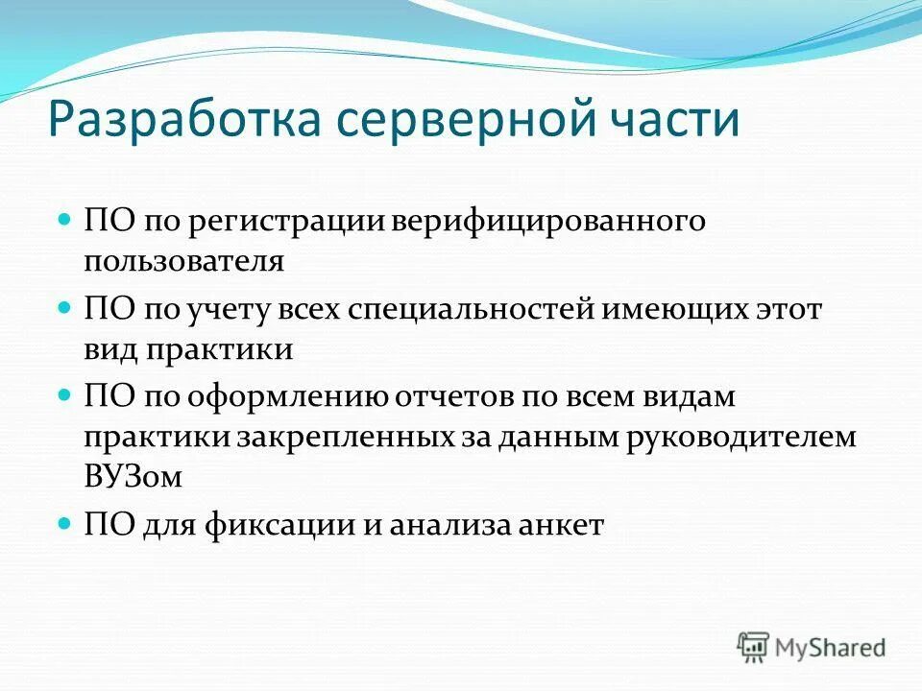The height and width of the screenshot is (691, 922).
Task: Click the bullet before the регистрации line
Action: (65, 220)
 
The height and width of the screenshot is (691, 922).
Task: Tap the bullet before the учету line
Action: (65, 308)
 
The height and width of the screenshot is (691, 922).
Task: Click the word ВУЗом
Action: (132, 478)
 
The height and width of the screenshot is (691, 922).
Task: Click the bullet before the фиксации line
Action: (65, 524)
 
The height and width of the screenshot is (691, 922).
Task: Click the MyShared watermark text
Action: (832, 647)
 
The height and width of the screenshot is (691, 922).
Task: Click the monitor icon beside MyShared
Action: (754, 647)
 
